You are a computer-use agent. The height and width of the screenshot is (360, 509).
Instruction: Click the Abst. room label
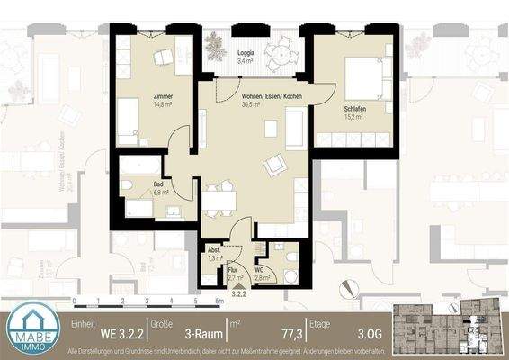click(x=214, y=250)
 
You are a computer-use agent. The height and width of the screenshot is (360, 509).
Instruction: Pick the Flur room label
click(x=232, y=268)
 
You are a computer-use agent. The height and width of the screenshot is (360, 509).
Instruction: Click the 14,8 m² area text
click(x=163, y=103)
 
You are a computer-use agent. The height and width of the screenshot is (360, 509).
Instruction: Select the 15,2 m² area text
click(x=354, y=115)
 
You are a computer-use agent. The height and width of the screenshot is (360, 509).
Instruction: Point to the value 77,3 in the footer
click(x=266, y=332)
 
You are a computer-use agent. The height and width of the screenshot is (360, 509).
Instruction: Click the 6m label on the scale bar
click(x=219, y=301)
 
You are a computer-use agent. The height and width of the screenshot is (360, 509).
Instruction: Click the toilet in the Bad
click(x=129, y=186)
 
